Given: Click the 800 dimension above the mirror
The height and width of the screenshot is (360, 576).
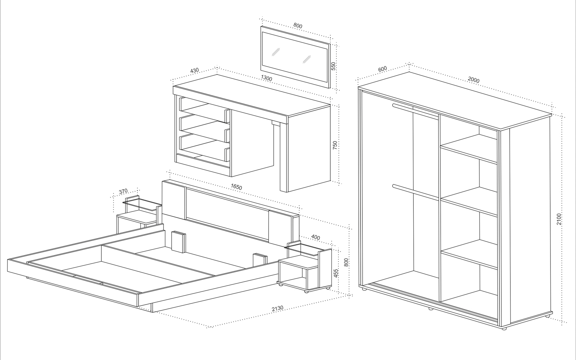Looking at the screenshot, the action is point(298,26).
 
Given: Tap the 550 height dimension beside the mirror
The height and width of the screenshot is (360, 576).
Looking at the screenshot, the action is point(333,66).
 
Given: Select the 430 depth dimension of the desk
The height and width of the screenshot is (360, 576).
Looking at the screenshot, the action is point(194,71).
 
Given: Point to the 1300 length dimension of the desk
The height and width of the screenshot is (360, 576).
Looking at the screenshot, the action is point(266,78).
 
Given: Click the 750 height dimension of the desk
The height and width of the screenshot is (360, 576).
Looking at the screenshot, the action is point(335,145).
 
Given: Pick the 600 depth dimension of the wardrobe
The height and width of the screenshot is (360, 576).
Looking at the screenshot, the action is point(382,69).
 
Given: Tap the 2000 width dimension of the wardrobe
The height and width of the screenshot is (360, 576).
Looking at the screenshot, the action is point(474,80).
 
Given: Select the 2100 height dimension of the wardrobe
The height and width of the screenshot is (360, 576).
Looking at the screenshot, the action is point(559,219).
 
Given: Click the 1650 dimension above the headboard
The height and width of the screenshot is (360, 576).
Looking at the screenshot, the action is point(236,187).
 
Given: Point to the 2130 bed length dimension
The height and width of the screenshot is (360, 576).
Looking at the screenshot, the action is point(278,308).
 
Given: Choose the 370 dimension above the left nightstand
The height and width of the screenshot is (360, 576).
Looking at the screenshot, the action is point(123,192).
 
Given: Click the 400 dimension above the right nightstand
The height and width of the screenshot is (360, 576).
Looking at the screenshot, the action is point(315,237).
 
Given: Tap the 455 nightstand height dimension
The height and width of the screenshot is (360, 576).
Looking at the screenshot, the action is point(336,273).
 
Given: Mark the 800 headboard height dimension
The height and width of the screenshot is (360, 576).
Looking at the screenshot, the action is point(346,262).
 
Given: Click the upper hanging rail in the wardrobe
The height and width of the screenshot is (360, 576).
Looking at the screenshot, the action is point(415,111).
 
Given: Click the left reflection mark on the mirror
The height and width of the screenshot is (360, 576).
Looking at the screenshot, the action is point(276,52).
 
